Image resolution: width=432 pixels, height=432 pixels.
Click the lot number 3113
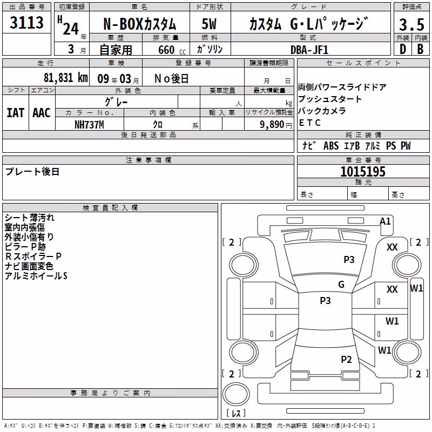tap(26, 23)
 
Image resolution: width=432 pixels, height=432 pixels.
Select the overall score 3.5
tap(411, 25)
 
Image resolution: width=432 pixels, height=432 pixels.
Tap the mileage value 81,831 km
tap(65, 78)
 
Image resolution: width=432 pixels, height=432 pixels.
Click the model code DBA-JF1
tap(309, 50)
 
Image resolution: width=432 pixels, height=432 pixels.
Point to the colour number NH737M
tap(89, 125)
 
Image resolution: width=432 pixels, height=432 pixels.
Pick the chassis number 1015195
tap(363, 172)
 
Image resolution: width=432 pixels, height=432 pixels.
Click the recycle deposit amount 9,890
tap(272, 125)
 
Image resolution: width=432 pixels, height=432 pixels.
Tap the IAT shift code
tap(15, 113)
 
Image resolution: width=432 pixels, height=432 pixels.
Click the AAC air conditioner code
tap(42, 113)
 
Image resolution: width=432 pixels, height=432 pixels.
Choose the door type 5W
tap(209, 24)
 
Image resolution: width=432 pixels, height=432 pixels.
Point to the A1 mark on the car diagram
tap(385, 221)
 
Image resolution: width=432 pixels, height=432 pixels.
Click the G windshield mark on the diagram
tap(341, 284)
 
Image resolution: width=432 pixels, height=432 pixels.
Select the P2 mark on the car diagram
tap(346, 359)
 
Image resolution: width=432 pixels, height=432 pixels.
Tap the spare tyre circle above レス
tap(236, 394)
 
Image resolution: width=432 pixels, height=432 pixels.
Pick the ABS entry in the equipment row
tap(331, 145)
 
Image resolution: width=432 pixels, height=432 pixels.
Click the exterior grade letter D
tap(403, 49)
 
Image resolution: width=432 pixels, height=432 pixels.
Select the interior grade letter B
tap(420, 49)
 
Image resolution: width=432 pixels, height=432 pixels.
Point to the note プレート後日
tap(32, 172)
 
